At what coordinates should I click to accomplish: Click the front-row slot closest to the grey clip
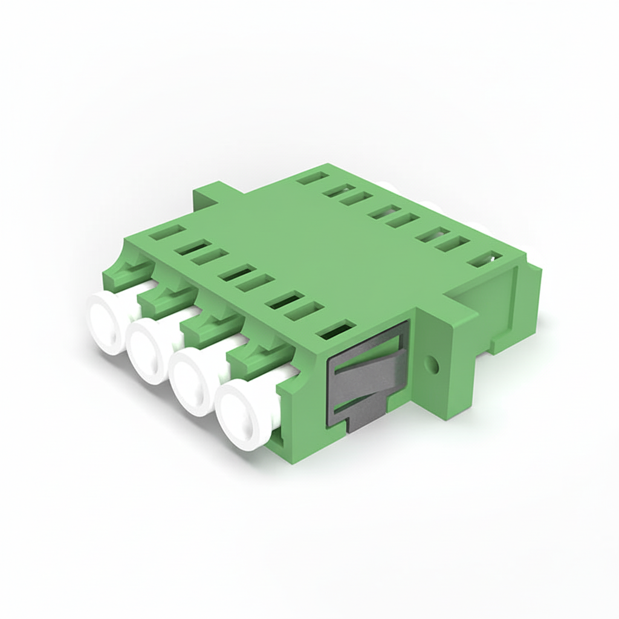point(335,330)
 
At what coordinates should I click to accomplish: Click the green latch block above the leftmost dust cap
point(123,271)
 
